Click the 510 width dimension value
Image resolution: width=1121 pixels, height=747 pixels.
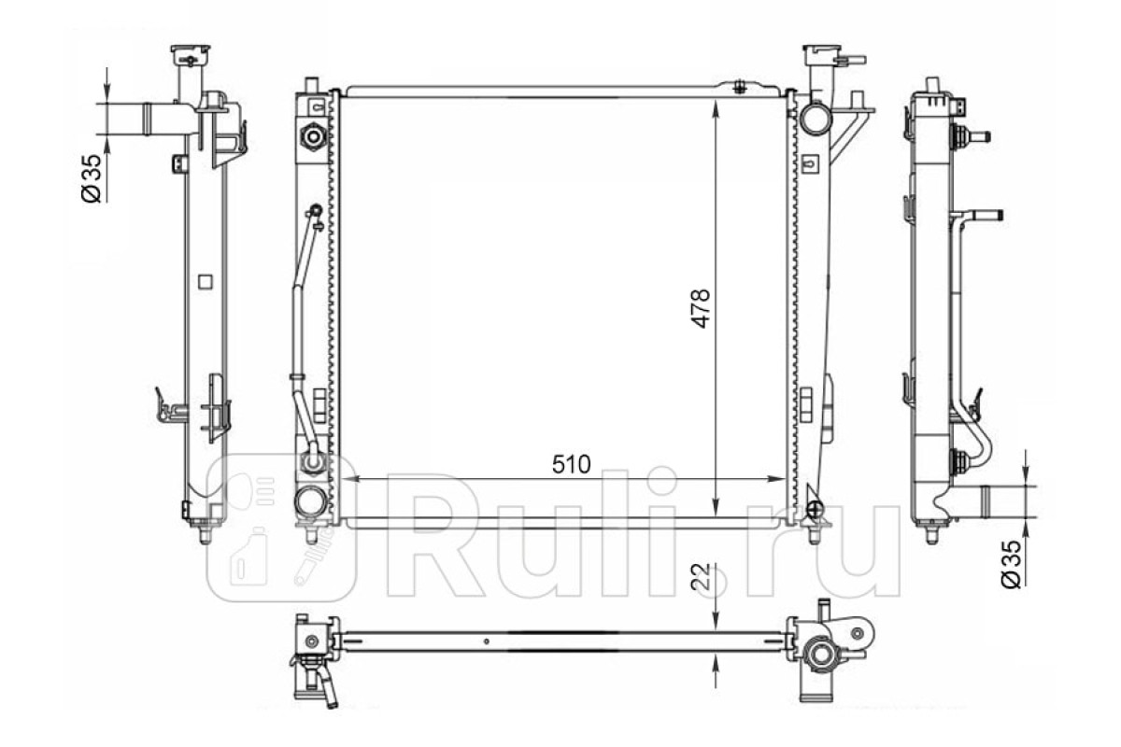(571, 464)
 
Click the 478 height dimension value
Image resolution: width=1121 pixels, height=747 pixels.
(702, 308)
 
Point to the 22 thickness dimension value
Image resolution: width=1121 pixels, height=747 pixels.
(702, 577)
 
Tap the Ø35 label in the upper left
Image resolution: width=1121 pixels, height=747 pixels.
(92, 178)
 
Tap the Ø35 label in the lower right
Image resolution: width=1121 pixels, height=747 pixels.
(1011, 564)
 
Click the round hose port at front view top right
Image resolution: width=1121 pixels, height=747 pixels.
(816, 118)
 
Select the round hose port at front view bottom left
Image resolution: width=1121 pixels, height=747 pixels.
(311, 501)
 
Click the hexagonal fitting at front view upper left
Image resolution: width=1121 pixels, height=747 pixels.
(313, 135)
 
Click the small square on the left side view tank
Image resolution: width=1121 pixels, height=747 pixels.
(206, 282)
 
